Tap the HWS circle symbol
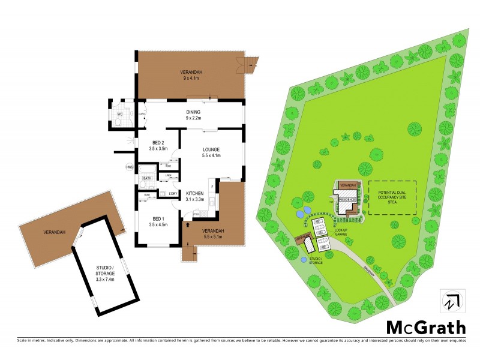(x=128, y=167)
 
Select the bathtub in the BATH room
(x=148, y=185)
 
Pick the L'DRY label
(x=172, y=193)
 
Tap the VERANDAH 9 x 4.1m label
(x=191, y=75)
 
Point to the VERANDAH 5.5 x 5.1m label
(x=212, y=234)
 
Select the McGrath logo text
(x=425, y=327)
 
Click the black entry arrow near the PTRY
(x=189, y=224)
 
